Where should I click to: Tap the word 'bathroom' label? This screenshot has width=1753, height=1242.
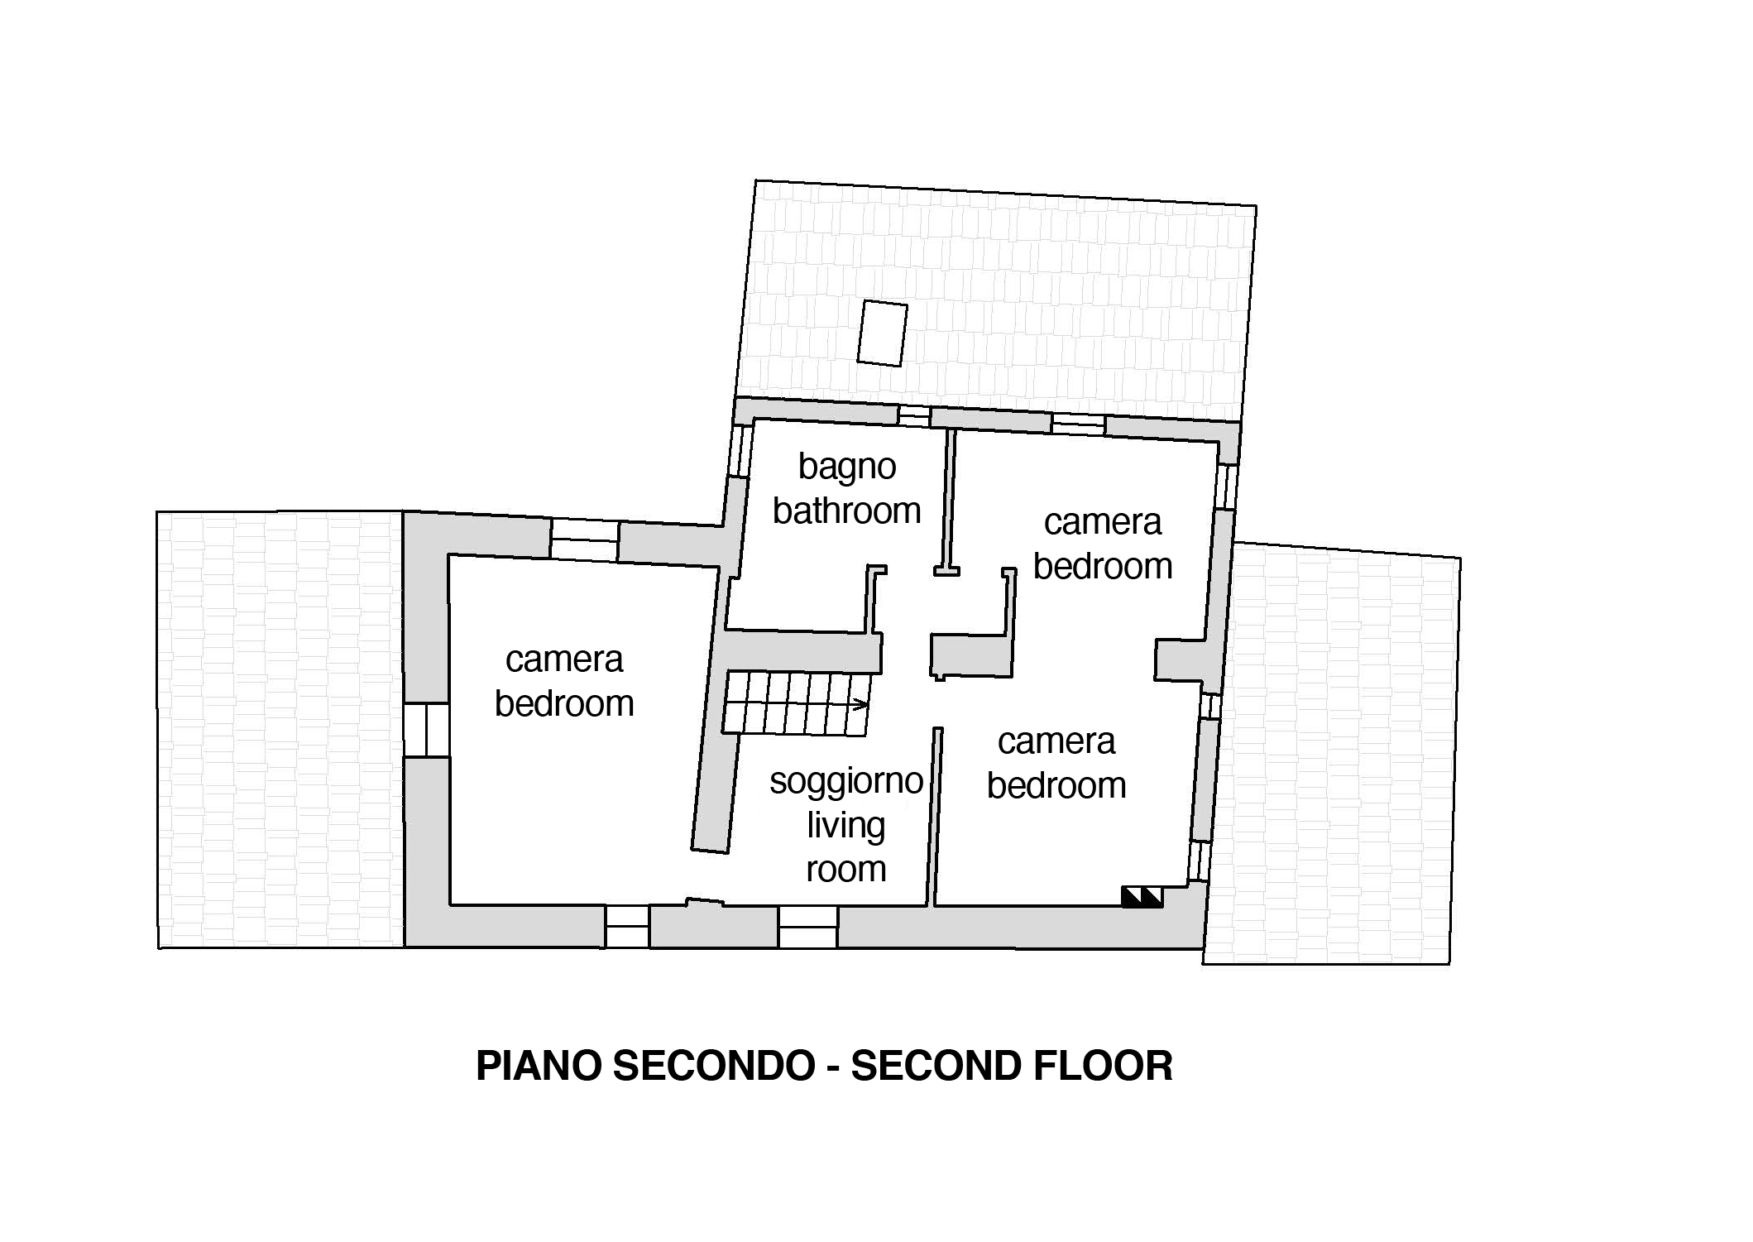point(846,511)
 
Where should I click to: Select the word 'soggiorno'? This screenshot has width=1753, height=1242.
point(845,781)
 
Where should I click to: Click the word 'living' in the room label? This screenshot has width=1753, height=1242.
point(845,826)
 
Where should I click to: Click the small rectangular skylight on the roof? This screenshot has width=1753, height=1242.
point(882,333)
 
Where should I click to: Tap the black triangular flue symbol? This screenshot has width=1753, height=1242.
point(1142,897)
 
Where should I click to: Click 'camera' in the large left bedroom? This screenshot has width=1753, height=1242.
point(563,659)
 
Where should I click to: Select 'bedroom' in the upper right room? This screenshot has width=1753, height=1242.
point(1102,567)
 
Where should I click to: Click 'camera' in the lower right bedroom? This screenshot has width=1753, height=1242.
point(1056,741)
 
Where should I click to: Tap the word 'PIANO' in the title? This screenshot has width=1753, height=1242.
point(538,1066)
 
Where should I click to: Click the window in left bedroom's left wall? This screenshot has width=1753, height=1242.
point(426,730)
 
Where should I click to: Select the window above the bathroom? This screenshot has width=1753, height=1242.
point(914,416)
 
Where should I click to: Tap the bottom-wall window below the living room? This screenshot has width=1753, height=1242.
point(807,927)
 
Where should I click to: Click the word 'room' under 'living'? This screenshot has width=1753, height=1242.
point(845,870)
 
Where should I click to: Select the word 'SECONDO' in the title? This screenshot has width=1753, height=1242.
point(714,1066)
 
